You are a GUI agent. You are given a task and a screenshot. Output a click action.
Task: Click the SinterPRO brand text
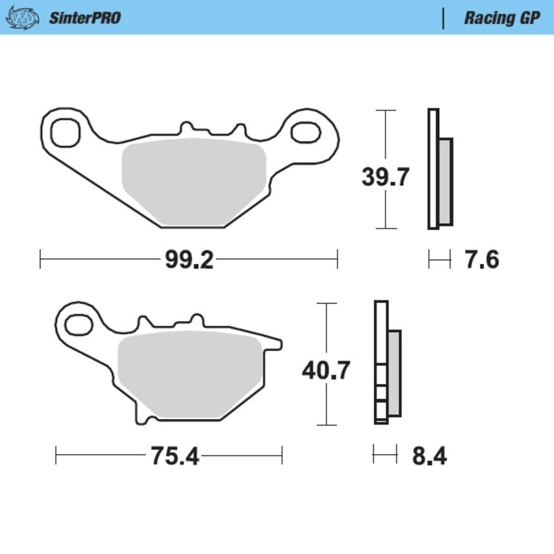[x=85, y=18]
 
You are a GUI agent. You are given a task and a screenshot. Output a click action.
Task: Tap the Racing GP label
[x=501, y=18]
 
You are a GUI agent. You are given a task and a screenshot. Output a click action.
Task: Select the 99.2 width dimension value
[x=189, y=259]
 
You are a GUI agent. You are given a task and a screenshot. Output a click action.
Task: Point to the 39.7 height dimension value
[x=385, y=178]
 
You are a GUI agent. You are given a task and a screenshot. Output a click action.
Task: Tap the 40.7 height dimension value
[x=326, y=370]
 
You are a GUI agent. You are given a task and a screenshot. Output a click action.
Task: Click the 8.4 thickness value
[x=429, y=456]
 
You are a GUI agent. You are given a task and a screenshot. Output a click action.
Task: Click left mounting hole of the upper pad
[x=65, y=131]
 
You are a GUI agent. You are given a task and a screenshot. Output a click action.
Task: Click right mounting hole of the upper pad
[x=305, y=134]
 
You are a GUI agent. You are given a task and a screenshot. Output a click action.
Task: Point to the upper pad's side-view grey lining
[x=446, y=182]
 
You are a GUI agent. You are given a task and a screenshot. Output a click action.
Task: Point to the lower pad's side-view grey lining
[x=394, y=374]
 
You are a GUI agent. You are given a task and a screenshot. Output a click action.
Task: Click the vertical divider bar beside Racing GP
[x=443, y=18]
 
